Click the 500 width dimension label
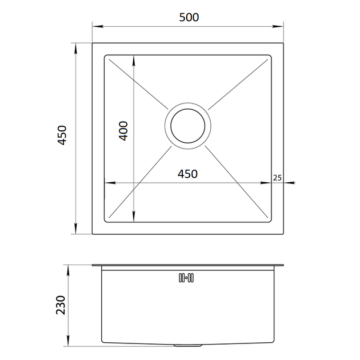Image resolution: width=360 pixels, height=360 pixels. (189, 18)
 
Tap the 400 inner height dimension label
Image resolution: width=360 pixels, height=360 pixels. (123, 131)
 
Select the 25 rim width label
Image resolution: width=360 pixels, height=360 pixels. (277, 178)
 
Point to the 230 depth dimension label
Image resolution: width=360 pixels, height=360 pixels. (61, 305)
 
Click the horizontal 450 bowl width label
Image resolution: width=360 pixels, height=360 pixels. (187, 174)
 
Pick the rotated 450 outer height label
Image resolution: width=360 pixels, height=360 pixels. (62, 135)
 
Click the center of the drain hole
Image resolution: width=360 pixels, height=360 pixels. (188, 126)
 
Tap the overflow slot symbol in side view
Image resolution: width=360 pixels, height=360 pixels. (186, 278)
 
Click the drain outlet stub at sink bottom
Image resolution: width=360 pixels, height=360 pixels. (188, 345)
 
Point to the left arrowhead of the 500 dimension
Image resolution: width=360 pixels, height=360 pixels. (97, 26)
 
